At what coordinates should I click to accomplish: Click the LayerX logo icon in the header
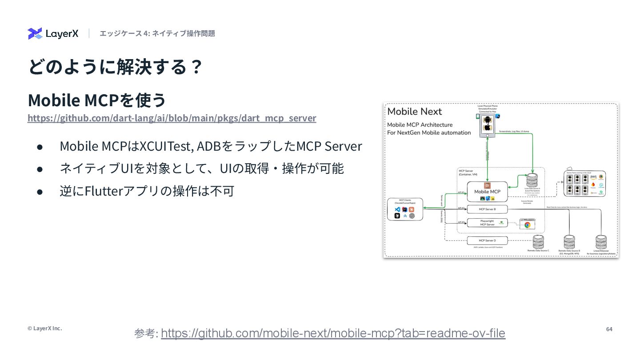click(35, 34)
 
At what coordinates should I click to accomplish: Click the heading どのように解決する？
click(115, 67)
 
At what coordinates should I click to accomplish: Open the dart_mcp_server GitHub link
click(172, 118)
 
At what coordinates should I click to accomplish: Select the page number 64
click(609, 329)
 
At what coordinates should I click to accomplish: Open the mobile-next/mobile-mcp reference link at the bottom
click(333, 333)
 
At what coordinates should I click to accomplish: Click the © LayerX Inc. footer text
click(44, 328)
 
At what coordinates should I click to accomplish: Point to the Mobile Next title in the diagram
click(415, 112)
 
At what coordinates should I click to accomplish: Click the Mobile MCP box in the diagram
click(487, 192)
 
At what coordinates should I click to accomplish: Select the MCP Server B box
click(487, 209)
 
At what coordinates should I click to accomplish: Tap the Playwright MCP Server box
click(487, 223)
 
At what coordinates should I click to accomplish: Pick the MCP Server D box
click(487, 240)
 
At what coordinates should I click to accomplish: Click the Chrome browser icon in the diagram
click(527, 224)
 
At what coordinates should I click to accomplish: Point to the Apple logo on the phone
click(487, 128)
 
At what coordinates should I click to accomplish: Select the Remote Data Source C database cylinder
click(538, 242)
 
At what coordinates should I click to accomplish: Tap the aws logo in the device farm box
click(593, 176)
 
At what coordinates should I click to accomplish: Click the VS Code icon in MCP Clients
click(397, 209)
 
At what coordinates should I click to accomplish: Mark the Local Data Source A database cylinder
click(532, 180)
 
